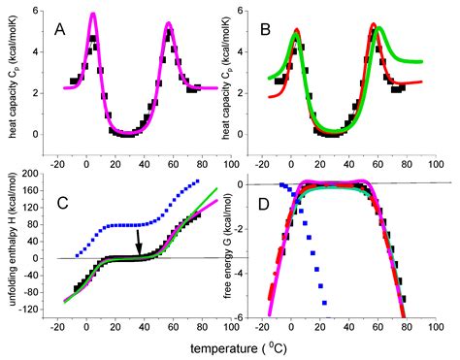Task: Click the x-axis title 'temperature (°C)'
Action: pyautogui.click(x=246, y=346)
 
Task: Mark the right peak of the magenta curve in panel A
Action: pyautogui.click(x=168, y=22)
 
